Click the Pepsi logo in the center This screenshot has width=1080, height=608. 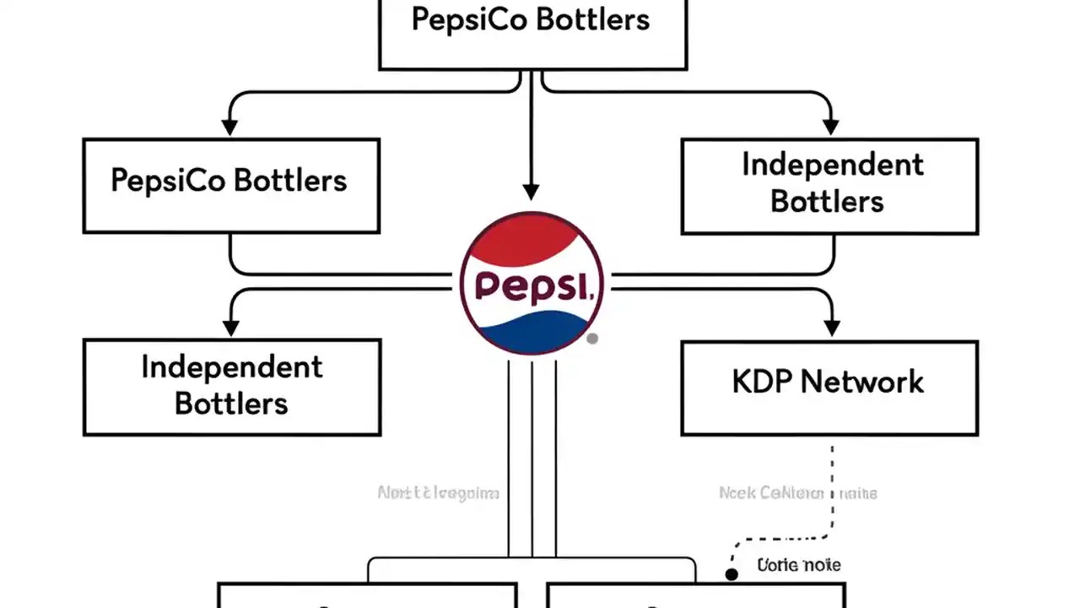click(x=532, y=283)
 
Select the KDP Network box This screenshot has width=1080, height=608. click(x=829, y=388)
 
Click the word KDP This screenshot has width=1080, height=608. click(x=763, y=382)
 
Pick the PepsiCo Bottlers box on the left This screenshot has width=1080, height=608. click(x=230, y=186)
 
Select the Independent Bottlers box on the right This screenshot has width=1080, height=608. click(x=829, y=186)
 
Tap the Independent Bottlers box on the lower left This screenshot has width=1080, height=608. click(x=231, y=387)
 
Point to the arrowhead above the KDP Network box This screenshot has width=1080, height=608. click(x=831, y=327)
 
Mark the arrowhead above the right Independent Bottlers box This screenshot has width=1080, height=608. click(x=831, y=127)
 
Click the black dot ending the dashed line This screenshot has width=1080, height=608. click(x=732, y=574)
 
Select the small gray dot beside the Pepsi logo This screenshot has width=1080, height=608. click(x=592, y=339)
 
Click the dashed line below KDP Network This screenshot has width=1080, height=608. click(x=833, y=490)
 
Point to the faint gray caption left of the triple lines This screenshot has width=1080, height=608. click(x=438, y=493)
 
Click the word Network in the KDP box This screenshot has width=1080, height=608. click(x=861, y=382)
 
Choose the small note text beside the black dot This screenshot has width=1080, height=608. click(x=798, y=565)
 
